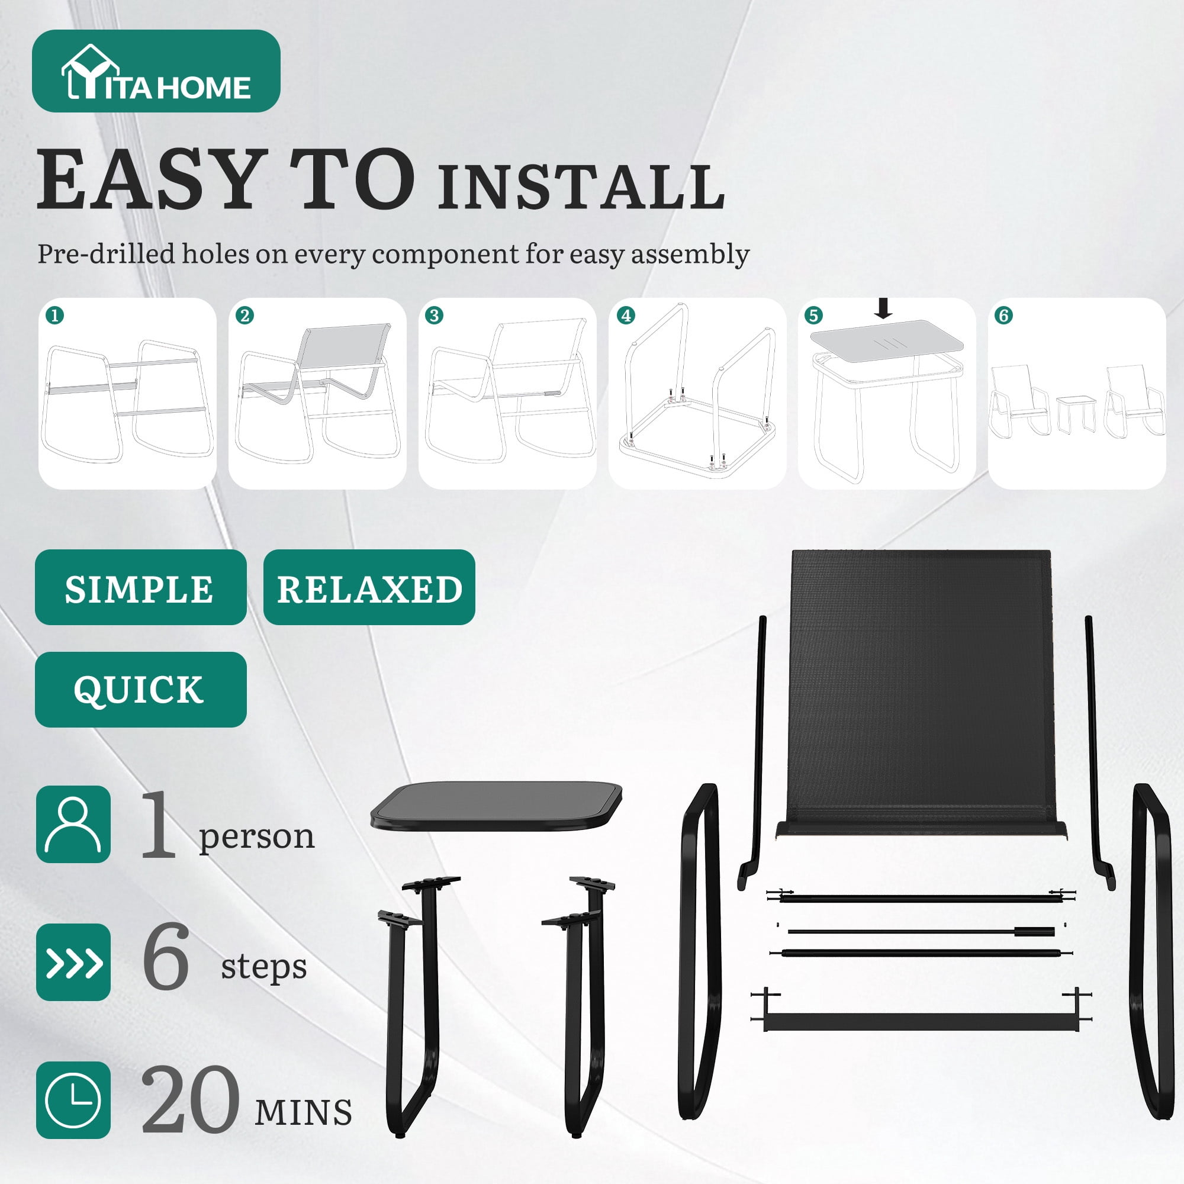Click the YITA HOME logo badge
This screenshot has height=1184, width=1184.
click(x=156, y=70)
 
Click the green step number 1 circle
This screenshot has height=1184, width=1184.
click(x=55, y=316)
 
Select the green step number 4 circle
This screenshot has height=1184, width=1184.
click(x=625, y=316)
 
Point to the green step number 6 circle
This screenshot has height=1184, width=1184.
click(x=1004, y=316)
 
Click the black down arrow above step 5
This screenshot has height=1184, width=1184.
click(x=883, y=308)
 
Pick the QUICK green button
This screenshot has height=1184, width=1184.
click(x=140, y=690)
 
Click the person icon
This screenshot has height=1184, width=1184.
click(x=73, y=824)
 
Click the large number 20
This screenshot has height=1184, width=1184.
click(x=189, y=1099)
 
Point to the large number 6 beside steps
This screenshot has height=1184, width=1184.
click(x=166, y=957)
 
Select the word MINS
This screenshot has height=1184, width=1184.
click(x=303, y=1112)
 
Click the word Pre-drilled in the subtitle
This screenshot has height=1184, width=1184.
click(x=106, y=254)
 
